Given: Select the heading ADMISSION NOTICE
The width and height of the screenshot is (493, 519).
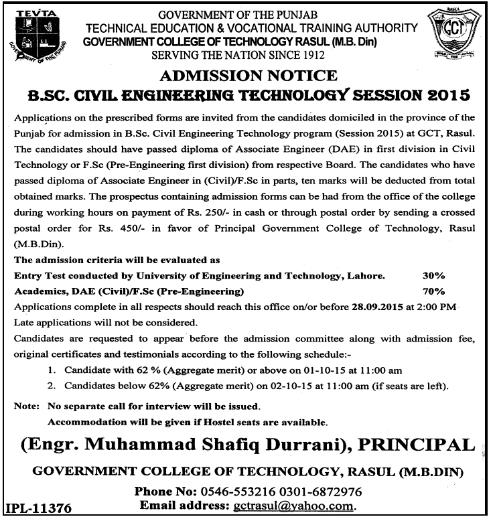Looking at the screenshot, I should point(246,75).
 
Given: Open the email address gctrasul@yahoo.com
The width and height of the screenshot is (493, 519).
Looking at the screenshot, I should point(292,506).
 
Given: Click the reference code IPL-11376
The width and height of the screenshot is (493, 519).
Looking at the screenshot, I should point(40,507).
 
